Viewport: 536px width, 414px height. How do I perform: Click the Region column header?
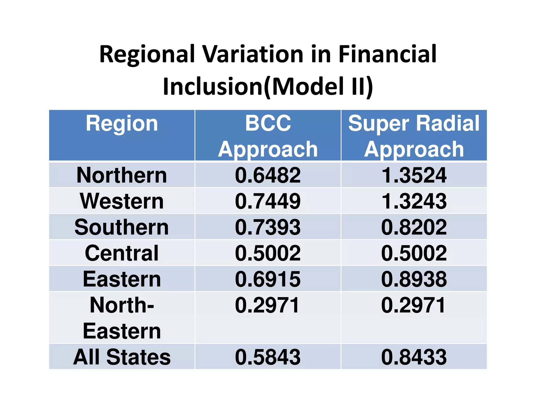(122, 124)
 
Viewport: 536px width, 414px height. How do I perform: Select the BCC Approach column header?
(268, 136)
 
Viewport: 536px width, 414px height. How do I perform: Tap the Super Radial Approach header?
(414, 136)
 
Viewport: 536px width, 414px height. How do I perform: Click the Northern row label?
(122, 175)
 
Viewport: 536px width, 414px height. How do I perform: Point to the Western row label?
(122, 201)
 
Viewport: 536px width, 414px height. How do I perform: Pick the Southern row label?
(122, 227)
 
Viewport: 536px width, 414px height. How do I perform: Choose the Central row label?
(122, 253)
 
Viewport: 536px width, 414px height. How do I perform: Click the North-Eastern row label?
(122, 318)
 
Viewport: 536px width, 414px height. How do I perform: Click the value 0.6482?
(268, 175)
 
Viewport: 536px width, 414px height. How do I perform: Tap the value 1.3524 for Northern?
(414, 175)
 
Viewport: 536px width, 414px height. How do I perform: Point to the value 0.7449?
(268, 201)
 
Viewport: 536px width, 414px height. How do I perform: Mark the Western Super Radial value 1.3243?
(414, 201)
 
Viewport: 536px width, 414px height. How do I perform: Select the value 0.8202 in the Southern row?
(414, 227)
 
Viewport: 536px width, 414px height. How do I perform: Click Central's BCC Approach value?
(268, 253)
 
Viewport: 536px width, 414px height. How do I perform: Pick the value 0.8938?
(414, 279)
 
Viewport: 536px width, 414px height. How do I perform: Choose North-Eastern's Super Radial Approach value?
(413, 305)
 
